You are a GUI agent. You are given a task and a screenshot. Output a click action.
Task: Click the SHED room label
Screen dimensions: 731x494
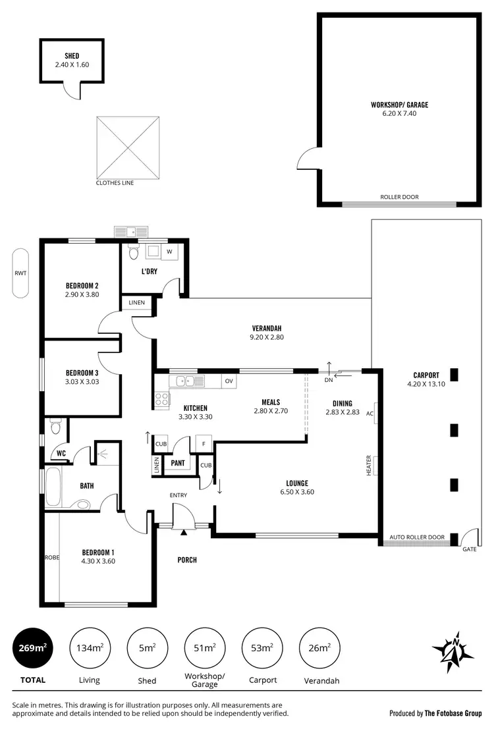pos(72,56)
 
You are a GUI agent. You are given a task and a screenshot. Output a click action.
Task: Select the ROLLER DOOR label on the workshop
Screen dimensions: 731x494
pos(399,197)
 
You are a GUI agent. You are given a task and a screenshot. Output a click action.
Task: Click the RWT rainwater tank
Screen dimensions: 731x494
pos(21,273)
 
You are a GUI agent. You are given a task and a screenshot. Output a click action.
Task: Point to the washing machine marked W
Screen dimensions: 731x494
pos(169,251)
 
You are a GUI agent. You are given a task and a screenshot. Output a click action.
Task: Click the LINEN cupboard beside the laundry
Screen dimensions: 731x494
pos(136,302)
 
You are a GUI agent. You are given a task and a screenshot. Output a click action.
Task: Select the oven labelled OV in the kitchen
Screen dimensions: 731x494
pos(229,381)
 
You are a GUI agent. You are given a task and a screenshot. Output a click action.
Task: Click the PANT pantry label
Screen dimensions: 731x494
pos(177,463)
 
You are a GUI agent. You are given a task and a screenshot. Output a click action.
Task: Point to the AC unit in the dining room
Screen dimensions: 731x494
pos(371,414)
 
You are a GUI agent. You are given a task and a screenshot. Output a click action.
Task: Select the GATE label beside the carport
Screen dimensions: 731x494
pos(469,549)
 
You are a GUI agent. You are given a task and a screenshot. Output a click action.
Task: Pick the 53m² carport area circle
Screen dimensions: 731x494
pos(262,648)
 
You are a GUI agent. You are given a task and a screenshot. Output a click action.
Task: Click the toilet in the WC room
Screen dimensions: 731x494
pos(55,428)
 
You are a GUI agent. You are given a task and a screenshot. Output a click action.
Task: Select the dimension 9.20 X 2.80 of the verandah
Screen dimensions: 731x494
pos(267,337)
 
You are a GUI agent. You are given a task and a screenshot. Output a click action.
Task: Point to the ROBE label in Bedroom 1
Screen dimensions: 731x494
pos(51,557)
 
